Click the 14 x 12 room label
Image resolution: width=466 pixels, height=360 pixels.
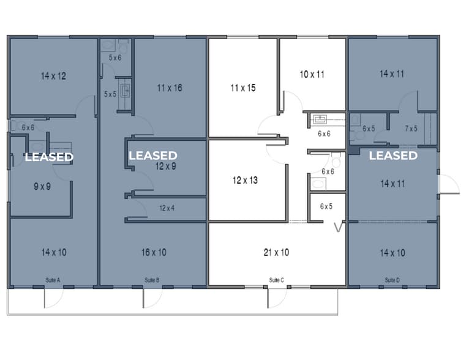[x=53, y=77]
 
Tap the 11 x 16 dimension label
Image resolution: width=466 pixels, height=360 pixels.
[x=169, y=88]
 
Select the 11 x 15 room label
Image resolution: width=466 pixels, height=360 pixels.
[x=242, y=88]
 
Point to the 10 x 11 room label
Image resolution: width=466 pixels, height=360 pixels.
[x=312, y=75]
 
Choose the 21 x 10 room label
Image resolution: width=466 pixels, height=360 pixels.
[x=276, y=252]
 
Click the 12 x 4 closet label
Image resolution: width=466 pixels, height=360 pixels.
[x=167, y=208]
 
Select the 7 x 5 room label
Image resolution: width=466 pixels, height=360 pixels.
[x=412, y=129]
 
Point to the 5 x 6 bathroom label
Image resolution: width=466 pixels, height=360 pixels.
[x=115, y=58]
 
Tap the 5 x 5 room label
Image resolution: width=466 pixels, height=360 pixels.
[x=110, y=94]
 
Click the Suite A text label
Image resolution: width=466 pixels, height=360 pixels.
[x=53, y=280]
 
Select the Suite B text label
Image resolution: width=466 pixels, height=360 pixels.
[x=152, y=280]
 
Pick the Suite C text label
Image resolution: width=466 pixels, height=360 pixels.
[x=277, y=280]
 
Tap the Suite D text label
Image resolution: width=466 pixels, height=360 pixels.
[x=393, y=280]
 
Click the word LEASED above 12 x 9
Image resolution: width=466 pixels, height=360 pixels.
[x=152, y=156]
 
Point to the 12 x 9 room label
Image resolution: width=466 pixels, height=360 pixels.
[x=166, y=166]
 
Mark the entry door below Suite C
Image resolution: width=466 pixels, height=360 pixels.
[x=277, y=299]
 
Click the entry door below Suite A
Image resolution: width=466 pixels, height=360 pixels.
[x=53, y=299]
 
